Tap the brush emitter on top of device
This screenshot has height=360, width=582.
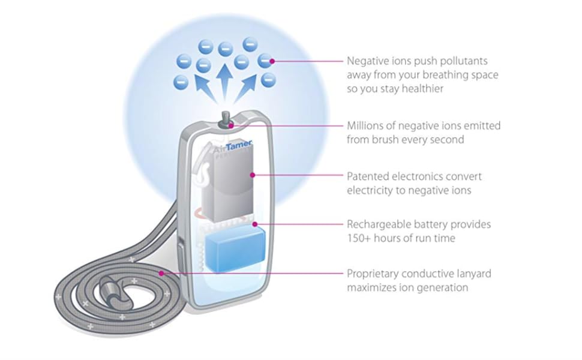(x=226, y=117)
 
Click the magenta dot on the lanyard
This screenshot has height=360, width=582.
(x=161, y=274)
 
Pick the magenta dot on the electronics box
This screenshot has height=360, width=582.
(x=253, y=176)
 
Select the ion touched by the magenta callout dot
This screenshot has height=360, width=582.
(x=265, y=60)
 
